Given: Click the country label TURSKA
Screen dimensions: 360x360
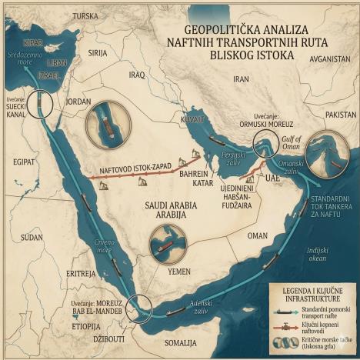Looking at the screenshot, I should (85, 15).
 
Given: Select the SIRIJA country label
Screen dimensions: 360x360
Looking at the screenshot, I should (98, 53).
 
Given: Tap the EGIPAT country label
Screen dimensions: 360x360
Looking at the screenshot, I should (24, 162).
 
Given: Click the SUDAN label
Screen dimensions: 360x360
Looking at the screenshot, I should (32, 238).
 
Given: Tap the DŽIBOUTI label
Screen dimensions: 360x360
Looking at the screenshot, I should (107, 338).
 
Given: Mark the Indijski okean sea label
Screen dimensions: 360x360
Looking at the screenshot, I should (317, 254).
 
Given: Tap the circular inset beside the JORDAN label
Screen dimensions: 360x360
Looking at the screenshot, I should (104, 122).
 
